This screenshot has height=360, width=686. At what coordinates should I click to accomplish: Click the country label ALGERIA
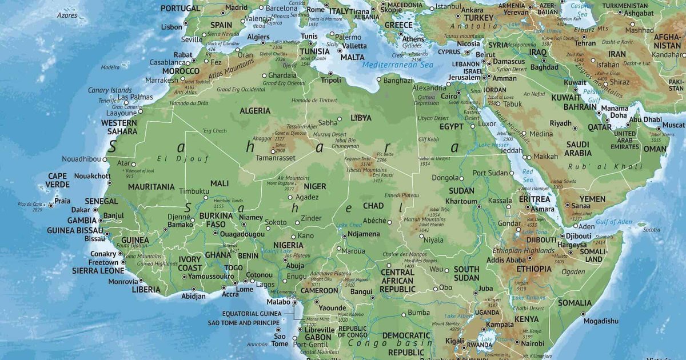tap(255, 110)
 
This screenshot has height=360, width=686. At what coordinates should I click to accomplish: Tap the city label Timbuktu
tap(194, 191)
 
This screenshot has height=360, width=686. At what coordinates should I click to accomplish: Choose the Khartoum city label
tap(461, 201)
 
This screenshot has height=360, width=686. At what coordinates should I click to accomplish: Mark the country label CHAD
tap(373, 206)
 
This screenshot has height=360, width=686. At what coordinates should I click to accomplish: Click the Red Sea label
tap(528, 176)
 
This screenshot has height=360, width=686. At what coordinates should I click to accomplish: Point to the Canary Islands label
tap(110, 90)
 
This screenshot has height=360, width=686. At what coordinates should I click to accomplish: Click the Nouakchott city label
tap(92, 176)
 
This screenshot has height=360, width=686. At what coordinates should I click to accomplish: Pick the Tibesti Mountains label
tap(366, 170)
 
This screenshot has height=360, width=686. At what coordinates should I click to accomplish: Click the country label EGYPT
tap(452, 126)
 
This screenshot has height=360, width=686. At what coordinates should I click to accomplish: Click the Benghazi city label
tap(398, 81)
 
